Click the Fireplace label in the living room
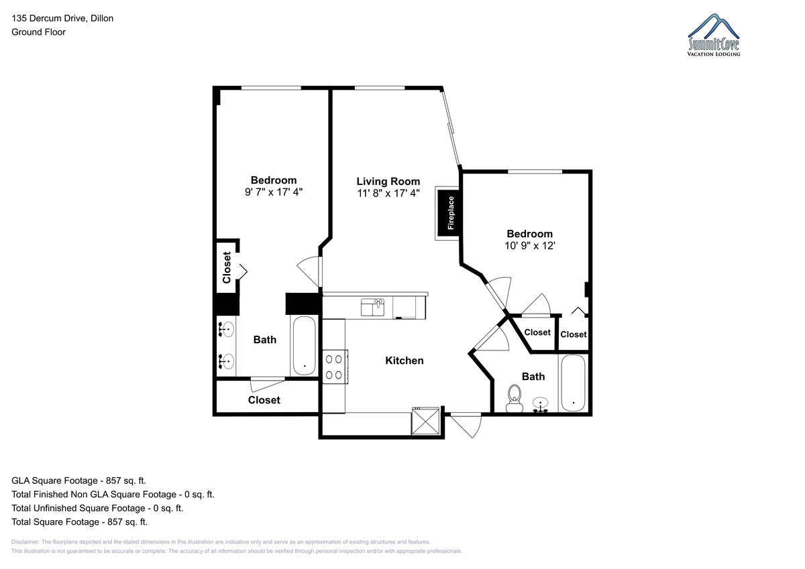[451, 213]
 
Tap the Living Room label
[388, 182]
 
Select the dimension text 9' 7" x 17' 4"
[274, 192]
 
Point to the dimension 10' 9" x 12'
[530, 246]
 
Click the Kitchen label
[405, 361]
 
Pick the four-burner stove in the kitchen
[335, 367]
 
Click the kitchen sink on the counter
[373, 308]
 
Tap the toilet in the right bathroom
[515, 399]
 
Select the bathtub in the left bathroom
[305, 345]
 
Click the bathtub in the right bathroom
[573, 383]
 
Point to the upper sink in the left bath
[227, 329]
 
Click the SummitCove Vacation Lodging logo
[713, 35]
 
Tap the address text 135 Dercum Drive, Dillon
[62, 18]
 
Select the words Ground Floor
[38, 32]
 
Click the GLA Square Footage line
[78, 481]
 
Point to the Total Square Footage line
[79, 521]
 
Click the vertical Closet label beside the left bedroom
[227, 267]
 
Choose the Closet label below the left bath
[264, 400]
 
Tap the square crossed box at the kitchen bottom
[425, 421]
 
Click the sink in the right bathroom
[540, 404]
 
